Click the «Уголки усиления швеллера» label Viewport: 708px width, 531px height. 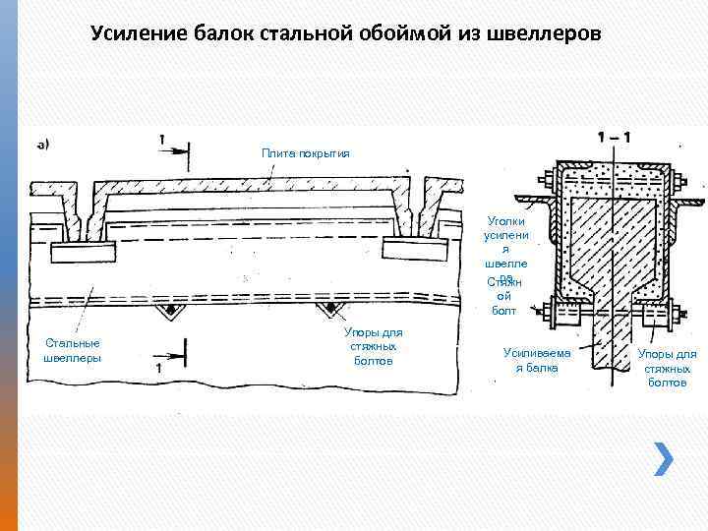tap(507, 250)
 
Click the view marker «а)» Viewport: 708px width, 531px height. tap(44, 146)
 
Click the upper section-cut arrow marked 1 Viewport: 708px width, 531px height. tap(174, 148)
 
